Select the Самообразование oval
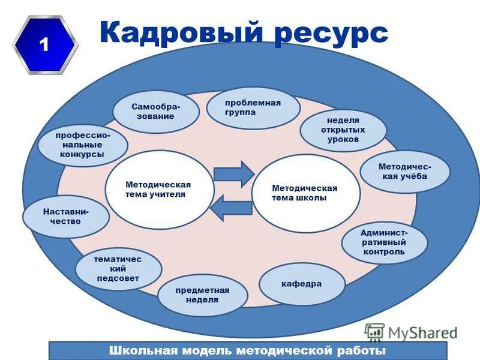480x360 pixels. tap(156, 112)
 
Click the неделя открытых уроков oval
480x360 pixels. tap(343, 130)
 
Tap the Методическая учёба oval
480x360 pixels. tap(404, 171)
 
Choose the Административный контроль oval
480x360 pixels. tap(384, 242)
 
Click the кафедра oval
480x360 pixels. tap(302, 284)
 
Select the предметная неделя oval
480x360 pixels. tap(202, 295)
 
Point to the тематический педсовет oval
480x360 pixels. tap(118, 269)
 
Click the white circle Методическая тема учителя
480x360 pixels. tap(159, 190)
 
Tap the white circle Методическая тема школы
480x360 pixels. tap(305, 193)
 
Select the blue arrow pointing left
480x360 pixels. tap(233, 208)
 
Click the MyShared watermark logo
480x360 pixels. tap(411, 332)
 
